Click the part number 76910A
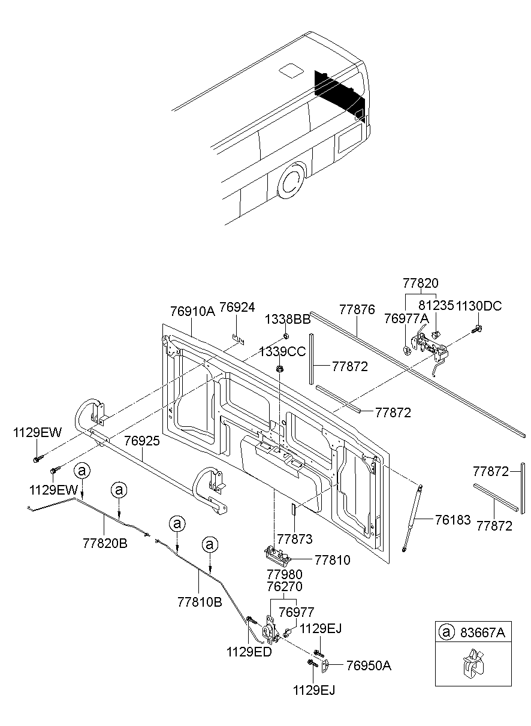[192, 311]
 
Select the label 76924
[237, 308]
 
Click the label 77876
[357, 310]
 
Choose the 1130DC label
[478, 306]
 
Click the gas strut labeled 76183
[412, 516]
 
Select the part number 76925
[142, 441]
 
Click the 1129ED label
[249, 652]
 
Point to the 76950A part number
[369, 665]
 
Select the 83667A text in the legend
[482, 632]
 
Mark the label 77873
[294, 540]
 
